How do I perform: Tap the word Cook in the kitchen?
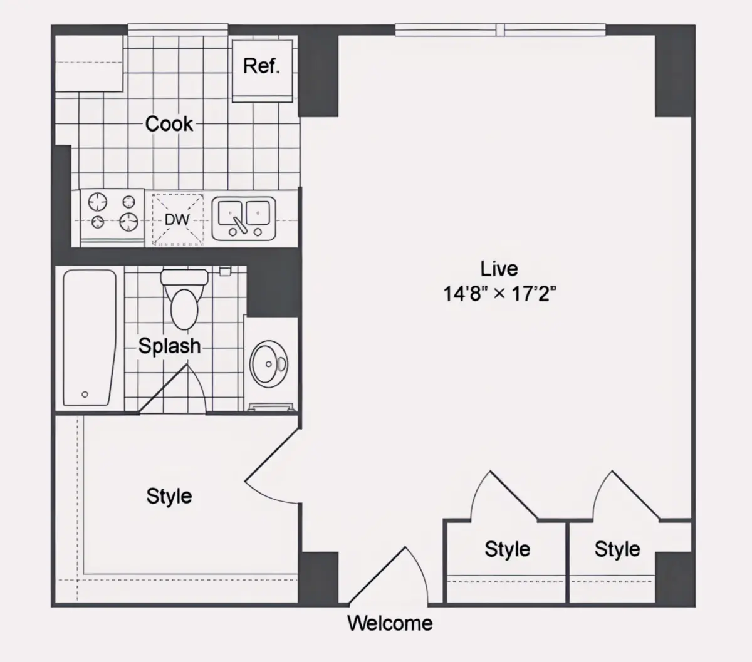169,123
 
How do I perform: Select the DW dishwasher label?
177,220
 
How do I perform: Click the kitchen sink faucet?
240,225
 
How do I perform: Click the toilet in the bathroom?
184,299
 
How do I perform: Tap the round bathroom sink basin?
269,364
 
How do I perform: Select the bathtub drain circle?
85,395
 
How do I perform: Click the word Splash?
169,346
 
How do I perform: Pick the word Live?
499,269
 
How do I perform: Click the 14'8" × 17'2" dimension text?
500,294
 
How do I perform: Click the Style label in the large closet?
169,497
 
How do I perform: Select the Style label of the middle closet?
508,549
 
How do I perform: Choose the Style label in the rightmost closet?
617,549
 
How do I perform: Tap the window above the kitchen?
178,29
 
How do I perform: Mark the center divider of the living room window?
500,29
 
